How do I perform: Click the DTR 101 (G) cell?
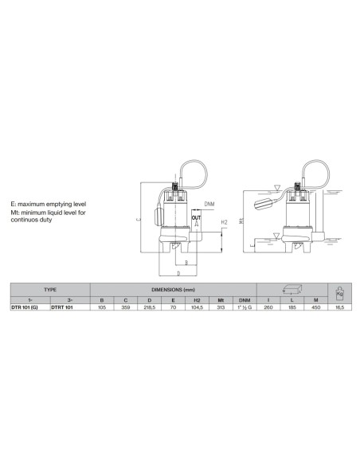(25, 307)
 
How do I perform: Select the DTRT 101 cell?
(62, 307)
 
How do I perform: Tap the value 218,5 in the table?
(150, 307)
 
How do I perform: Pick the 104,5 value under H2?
(197, 307)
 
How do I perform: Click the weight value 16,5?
(340, 307)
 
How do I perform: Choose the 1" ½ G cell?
(245, 307)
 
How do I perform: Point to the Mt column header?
(221, 300)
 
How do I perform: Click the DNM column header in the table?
(245, 300)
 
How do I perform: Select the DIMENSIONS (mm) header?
(173, 290)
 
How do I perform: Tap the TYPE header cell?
(50, 290)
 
